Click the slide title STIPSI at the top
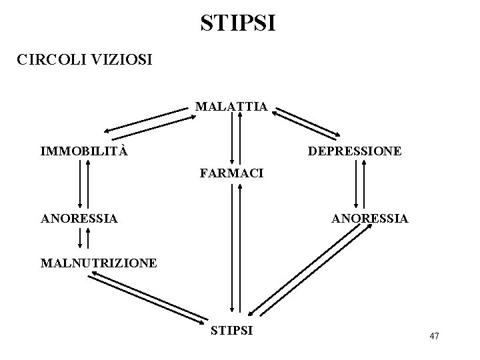pyautogui.click(x=237, y=23)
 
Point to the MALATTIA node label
pyautogui.click(x=231, y=106)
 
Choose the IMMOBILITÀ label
pyautogui.click(x=84, y=151)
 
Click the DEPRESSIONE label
pyautogui.click(x=354, y=151)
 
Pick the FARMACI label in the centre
pyautogui.click(x=231, y=173)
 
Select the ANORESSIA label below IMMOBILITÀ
pyautogui.click(x=79, y=218)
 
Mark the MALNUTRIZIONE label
pyautogui.click(x=99, y=263)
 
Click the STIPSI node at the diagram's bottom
pyautogui.click(x=231, y=329)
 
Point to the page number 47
pyautogui.click(x=434, y=335)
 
